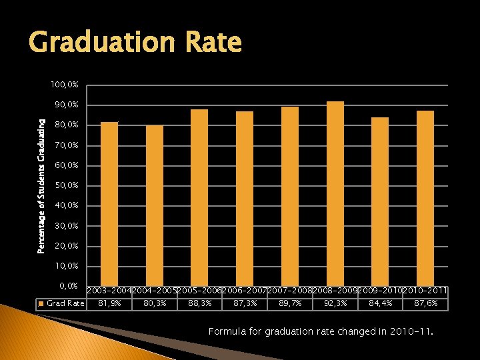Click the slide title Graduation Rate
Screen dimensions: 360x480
click(x=135, y=43)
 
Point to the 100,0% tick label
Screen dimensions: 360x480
click(x=64, y=85)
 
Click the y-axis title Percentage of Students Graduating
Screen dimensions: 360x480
click(x=41, y=185)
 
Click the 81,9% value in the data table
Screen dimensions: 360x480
click(x=109, y=303)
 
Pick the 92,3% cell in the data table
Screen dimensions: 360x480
click(x=335, y=303)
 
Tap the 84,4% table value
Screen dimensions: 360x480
click(x=380, y=303)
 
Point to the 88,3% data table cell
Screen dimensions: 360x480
click(x=199, y=303)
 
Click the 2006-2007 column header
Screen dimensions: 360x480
click(x=245, y=291)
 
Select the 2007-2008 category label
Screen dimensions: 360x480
click(x=290, y=291)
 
